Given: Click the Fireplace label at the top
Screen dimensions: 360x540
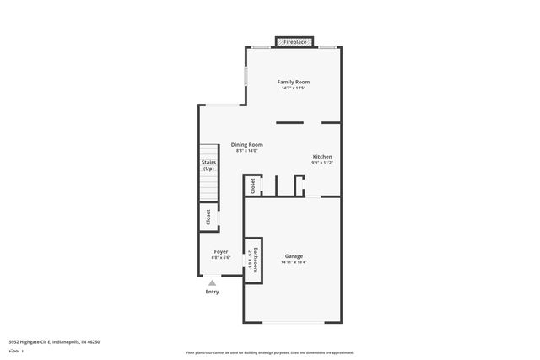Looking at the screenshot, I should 294,40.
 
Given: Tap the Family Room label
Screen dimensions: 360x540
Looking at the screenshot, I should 294,82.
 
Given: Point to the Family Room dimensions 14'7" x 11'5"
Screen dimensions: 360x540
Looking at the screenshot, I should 294,88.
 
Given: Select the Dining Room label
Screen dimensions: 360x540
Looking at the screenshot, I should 248,144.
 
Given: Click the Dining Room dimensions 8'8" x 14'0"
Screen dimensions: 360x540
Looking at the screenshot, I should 248,150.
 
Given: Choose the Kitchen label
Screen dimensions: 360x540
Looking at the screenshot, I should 322,157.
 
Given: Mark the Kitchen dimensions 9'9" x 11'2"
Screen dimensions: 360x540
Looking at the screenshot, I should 322,163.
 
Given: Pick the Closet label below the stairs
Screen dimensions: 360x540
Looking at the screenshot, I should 208,218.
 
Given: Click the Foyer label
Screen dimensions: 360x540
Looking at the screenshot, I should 220,251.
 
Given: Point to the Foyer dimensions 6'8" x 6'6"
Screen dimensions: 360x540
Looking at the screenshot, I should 220,257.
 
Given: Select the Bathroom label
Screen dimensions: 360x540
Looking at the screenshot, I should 251,258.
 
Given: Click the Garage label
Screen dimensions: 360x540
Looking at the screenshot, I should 294,256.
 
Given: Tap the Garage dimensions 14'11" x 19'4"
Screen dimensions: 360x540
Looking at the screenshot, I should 294,262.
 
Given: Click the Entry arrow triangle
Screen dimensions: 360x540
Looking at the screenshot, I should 212,283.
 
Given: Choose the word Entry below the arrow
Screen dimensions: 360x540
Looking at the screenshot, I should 212,293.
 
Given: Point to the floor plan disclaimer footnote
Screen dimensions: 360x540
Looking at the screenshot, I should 269,352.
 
